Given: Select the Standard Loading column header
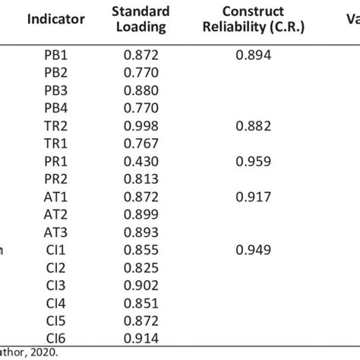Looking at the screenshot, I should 139,19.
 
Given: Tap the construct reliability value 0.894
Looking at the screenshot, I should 254,55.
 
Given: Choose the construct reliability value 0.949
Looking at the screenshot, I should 254,249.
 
